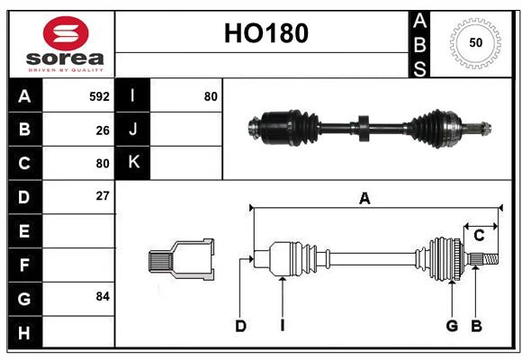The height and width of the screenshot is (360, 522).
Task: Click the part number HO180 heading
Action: click(265, 33)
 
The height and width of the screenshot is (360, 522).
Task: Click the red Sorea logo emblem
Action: click(66, 34)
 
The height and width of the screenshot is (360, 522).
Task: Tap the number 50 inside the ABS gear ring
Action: click(474, 42)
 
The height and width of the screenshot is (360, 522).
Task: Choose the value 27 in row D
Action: click(103, 195)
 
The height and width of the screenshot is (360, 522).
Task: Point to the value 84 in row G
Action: click(103, 295)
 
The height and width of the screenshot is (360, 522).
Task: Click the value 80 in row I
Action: click(211, 95)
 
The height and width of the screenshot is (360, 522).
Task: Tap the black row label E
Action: click(24, 231)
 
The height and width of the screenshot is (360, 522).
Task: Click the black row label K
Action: click(132, 163)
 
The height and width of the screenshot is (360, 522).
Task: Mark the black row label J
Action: click(132, 130)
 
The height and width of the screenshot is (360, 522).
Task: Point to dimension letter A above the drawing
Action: click(364, 199)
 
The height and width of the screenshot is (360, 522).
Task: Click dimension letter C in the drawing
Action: click(479, 236)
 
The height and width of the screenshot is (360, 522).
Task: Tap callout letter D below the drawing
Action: click(240, 326)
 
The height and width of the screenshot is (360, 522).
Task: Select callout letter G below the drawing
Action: click(452, 326)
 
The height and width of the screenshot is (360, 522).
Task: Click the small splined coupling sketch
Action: click(181, 260)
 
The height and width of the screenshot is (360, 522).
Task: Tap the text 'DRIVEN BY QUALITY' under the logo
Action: click(66, 68)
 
